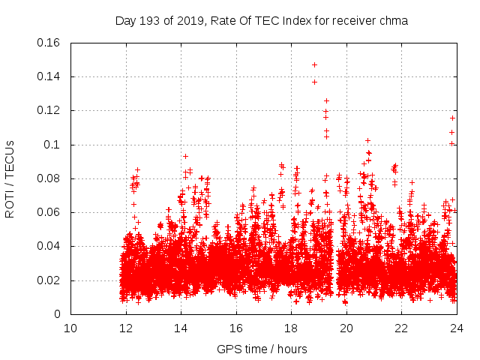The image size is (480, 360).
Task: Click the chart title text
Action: click(x=261, y=21)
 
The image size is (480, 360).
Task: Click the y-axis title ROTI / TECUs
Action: click(x=10, y=178)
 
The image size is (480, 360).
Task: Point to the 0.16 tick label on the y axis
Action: click(x=49, y=43)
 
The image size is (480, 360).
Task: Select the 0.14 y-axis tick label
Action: click(x=49, y=76)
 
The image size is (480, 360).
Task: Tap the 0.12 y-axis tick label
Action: click(x=49, y=111)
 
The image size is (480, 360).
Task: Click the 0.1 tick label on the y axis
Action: click(x=52, y=145)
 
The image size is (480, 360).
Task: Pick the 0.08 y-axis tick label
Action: click(x=49, y=178)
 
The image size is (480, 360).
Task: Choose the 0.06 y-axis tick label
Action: click(x=49, y=213)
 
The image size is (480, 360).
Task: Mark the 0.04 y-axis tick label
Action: click(x=49, y=247)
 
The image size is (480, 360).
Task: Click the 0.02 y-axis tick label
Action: click(x=49, y=280)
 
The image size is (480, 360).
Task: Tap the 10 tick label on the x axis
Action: click(x=70, y=328)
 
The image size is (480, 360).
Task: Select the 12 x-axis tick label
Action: click(x=126, y=328)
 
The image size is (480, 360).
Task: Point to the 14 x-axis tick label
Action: click(x=181, y=328)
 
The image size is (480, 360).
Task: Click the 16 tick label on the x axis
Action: click(x=236, y=328)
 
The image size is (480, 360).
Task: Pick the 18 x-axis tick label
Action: click(x=291, y=328)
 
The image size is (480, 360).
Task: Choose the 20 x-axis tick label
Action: click(x=346, y=328)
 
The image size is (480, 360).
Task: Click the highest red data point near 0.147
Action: click(x=314, y=64)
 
